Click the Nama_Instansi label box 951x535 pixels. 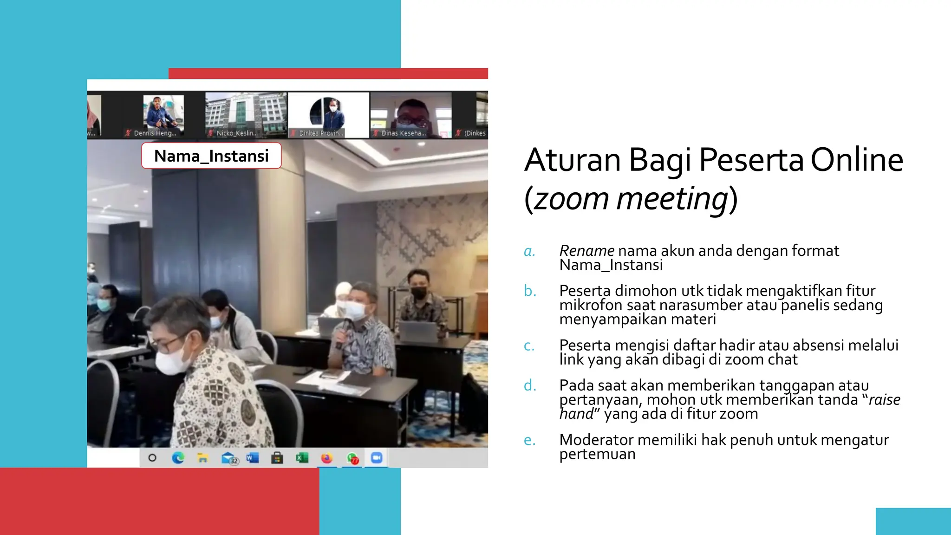pyautogui.click(x=211, y=156)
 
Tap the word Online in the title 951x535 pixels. pyautogui.click(x=857, y=160)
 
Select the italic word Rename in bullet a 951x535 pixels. pyautogui.click(x=586, y=251)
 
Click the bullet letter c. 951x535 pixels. pyautogui.click(x=529, y=346)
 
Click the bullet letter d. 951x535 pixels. pyautogui.click(x=530, y=385)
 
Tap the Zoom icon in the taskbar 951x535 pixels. pyautogui.click(x=376, y=458)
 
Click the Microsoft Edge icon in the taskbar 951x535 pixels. pyautogui.click(x=177, y=458)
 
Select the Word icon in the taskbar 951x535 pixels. pyautogui.click(x=252, y=458)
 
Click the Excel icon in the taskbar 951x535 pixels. pyautogui.click(x=302, y=458)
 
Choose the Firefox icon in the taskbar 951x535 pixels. pyautogui.click(x=327, y=458)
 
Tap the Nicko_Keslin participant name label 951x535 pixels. pyautogui.click(x=236, y=133)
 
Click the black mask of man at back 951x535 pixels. pyautogui.click(x=419, y=293)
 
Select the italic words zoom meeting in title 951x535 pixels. pyautogui.click(x=631, y=199)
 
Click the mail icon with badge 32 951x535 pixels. pyautogui.click(x=228, y=458)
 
